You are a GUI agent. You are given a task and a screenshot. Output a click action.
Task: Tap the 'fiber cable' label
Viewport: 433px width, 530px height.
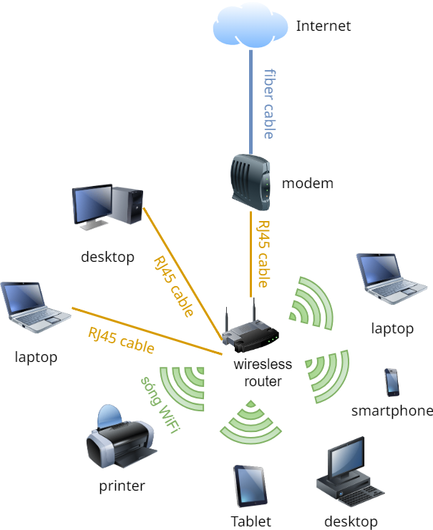[270, 104]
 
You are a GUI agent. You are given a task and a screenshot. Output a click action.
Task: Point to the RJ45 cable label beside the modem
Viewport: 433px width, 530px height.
[263, 253]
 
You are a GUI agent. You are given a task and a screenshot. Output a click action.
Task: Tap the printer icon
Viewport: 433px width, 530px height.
[119, 436]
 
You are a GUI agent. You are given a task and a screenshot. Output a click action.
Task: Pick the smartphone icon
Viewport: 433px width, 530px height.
[391, 383]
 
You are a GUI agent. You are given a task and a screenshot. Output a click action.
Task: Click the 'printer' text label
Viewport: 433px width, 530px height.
[122, 486]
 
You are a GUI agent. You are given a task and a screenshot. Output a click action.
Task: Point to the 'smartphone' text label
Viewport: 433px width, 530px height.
[391, 411]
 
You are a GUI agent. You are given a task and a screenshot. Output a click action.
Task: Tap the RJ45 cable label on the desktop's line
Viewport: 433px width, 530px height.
[172, 286]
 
